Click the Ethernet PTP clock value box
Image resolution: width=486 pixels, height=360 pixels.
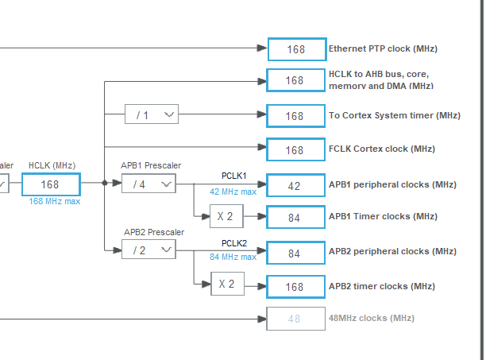pos(296,49)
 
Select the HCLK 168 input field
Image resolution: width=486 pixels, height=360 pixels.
pos(51,184)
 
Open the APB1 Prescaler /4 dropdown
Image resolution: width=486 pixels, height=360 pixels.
pos(149,184)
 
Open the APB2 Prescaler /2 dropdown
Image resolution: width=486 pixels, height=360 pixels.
pos(149,250)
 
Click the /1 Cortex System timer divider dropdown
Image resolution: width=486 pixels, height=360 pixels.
pos(152,115)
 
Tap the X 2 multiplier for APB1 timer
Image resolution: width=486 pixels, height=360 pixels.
pos(227,216)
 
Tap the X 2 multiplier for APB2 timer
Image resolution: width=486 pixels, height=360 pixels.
pos(227,284)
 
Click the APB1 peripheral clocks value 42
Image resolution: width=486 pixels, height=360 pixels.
pos(295,185)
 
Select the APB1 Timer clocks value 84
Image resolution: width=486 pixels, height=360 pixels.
pos(295,217)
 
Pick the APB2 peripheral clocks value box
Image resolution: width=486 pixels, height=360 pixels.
pos(295,253)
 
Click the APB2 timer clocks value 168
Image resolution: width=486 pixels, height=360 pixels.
pos(295,286)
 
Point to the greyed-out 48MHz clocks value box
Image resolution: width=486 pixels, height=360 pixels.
pos(295,319)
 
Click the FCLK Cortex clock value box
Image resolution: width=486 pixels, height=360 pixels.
pos(295,149)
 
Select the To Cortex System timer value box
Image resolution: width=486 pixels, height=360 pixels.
pos(295,116)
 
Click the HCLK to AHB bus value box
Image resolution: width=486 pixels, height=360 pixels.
pos(295,80)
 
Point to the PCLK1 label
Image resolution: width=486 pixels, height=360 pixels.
pos(234,175)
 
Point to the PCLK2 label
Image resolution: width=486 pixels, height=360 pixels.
pos(234,243)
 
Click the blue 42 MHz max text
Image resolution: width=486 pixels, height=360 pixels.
pos(233,192)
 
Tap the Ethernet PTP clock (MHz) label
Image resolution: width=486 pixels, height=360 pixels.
pos(383,49)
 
